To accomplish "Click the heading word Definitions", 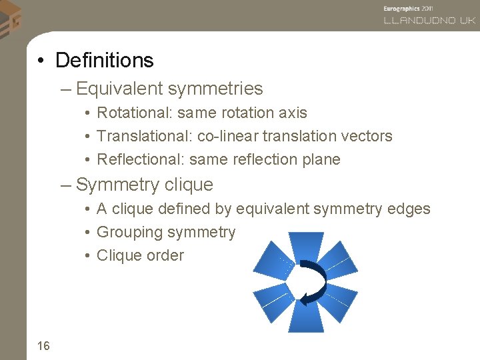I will pos(104,61).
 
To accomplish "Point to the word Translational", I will pos(144,136).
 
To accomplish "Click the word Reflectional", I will pos(140,159).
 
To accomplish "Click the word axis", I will pos(293,113).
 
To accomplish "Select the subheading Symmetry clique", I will pos(144,185).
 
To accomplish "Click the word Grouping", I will pos(130,233).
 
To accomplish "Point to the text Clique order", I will pos(140,255).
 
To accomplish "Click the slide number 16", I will pos(43,345).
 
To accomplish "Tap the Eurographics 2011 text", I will pos(409,7).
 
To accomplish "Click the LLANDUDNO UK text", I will pos(429,21).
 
